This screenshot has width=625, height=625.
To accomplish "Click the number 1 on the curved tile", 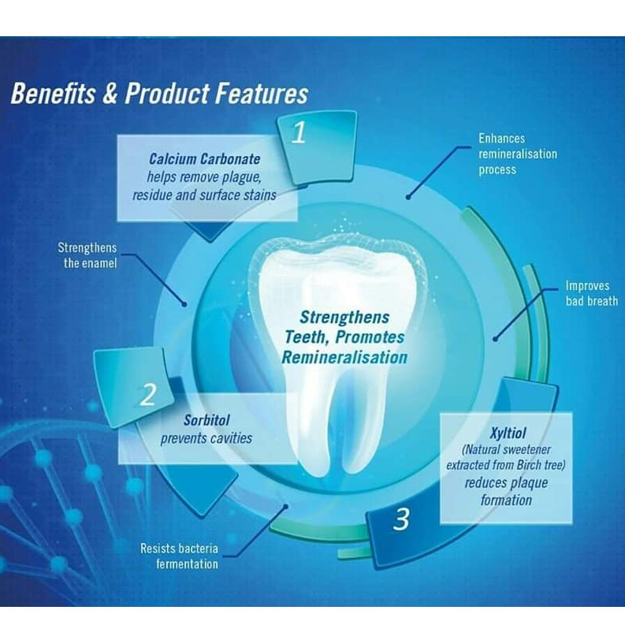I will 298,134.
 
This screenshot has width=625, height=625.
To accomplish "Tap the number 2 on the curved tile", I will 148,395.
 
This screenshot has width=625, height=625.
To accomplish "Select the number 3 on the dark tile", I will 401,519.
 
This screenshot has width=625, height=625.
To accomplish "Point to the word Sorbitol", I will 206,419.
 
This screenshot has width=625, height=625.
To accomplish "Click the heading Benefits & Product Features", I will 158,94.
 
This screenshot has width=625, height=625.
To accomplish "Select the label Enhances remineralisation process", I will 517,154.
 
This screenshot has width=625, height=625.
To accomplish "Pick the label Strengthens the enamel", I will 87,255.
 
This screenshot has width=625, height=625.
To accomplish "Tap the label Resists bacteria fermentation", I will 179,556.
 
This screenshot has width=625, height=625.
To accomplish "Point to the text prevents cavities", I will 206,437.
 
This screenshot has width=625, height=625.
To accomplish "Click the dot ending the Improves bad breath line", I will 495,339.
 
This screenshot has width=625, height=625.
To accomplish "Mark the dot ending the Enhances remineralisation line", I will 408,198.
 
